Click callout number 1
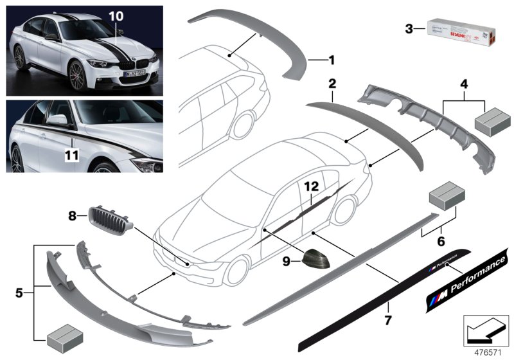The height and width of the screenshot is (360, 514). (x=332, y=61)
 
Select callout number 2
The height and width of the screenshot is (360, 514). (x=332, y=84)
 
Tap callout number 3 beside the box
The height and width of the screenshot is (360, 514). (x=409, y=28)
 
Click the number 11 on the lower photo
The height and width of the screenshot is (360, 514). (x=73, y=156)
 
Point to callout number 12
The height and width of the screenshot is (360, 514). (x=312, y=186)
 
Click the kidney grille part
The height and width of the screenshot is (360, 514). (x=111, y=218)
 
